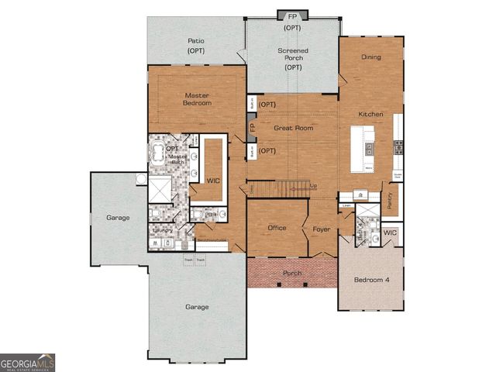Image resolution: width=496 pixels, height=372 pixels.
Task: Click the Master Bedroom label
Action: click(197, 98)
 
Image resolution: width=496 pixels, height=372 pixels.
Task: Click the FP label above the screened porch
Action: click(292, 16)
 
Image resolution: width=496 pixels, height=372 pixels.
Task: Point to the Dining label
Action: click(371, 57)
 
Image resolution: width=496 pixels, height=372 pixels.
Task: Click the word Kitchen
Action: click(370, 114)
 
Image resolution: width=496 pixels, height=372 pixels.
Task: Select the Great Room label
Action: click(293, 127)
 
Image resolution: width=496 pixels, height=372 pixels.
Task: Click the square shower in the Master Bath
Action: click(161, 188)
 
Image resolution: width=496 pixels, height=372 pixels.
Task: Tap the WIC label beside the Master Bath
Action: click(213, 180)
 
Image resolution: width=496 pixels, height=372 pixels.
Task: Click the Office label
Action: click(277, 228)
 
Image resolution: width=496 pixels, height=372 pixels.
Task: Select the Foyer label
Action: click(321, 229)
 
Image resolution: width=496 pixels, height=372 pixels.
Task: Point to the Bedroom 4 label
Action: click(371, 279)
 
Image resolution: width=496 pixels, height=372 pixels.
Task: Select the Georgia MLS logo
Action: click(27, 363)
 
